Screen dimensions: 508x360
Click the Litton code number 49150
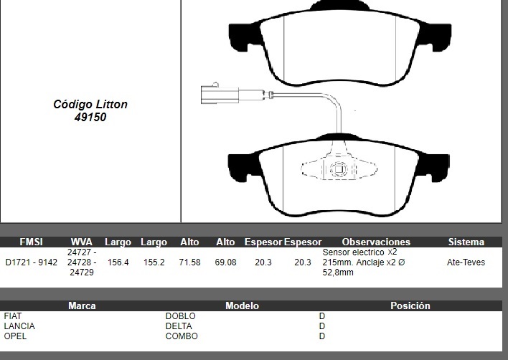[x=90, y=117]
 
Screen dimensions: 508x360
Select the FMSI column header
[x=31, y=242]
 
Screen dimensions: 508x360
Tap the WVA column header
[x=82, y=242]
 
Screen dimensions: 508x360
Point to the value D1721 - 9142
[x=32, y=262]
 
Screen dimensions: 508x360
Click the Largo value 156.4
[x=118, y=262]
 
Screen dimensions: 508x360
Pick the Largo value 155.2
[x=154, y=262]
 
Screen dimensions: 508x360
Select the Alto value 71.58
[x=190, y=262]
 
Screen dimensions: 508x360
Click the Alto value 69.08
[x=225, y=262]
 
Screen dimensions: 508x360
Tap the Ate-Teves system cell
[x=466, y=262]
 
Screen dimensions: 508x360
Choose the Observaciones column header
[x=376, y=242]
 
